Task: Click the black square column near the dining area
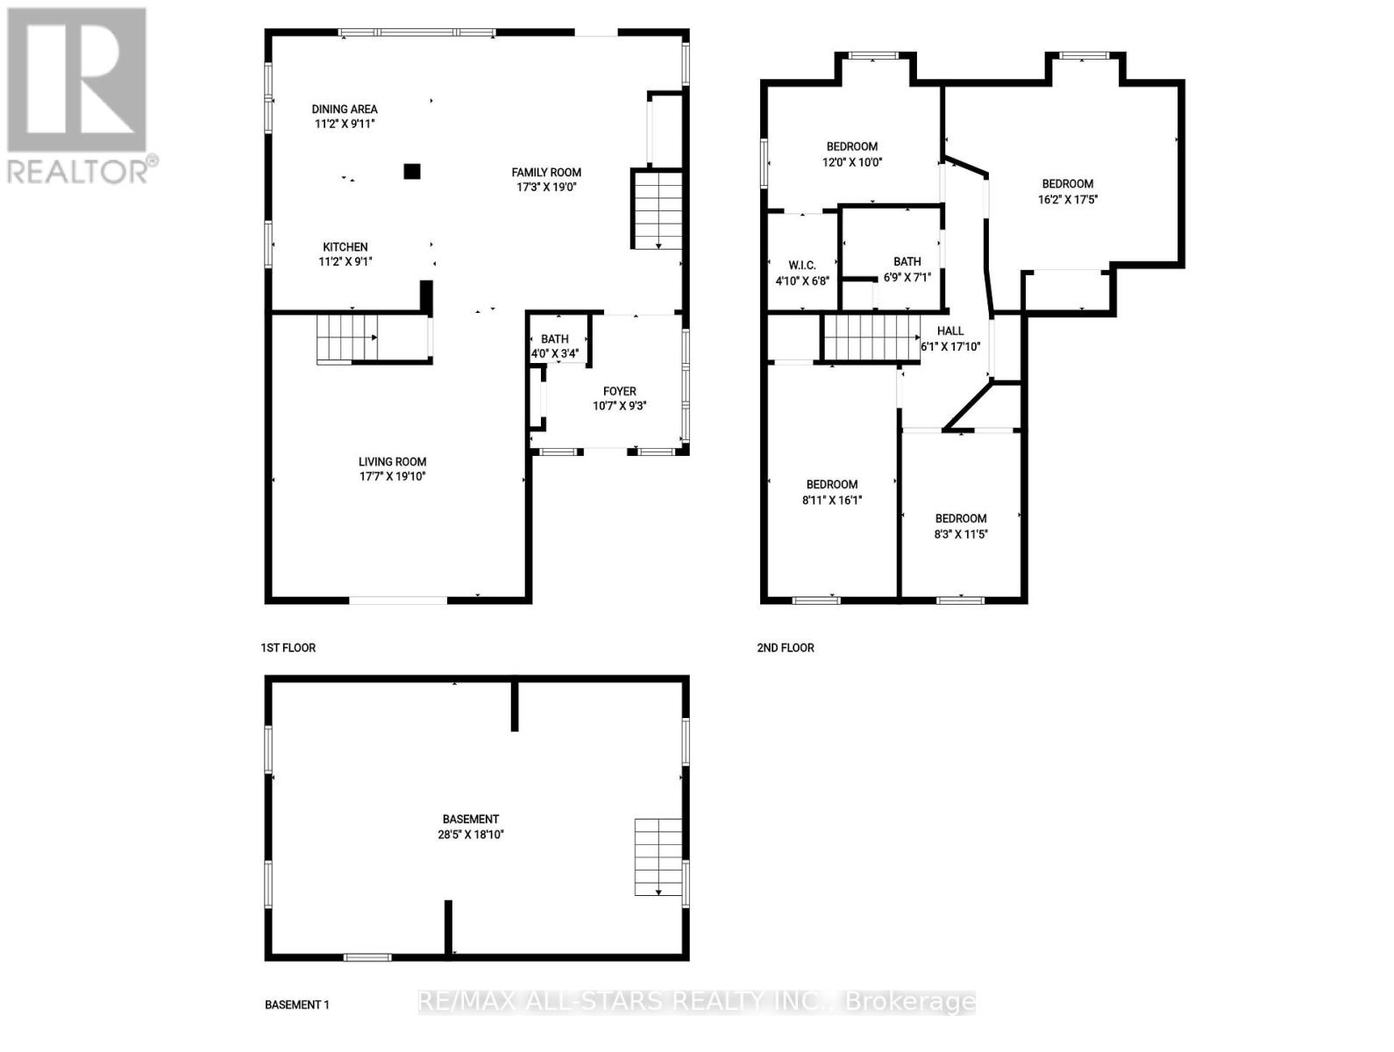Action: click(x=412, y=171)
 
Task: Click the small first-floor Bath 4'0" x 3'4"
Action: click(x=554, y=346)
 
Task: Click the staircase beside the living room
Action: click(x=347, y=338)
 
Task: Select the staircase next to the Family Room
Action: click(x=657, y=210)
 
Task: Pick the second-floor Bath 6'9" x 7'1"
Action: click(x=907, y=268)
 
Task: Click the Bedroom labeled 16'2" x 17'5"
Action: click(x=1067, y=191)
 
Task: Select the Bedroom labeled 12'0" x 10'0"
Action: click(x=851, y=153)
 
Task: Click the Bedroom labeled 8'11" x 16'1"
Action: click(x=832, y=492)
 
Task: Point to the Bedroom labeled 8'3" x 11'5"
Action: click(x=960, y=526)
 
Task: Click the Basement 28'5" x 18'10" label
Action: click(x=471, y=827)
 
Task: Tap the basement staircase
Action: click(x=658, y=857)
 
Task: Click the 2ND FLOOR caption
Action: click(x=786, y=648)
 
